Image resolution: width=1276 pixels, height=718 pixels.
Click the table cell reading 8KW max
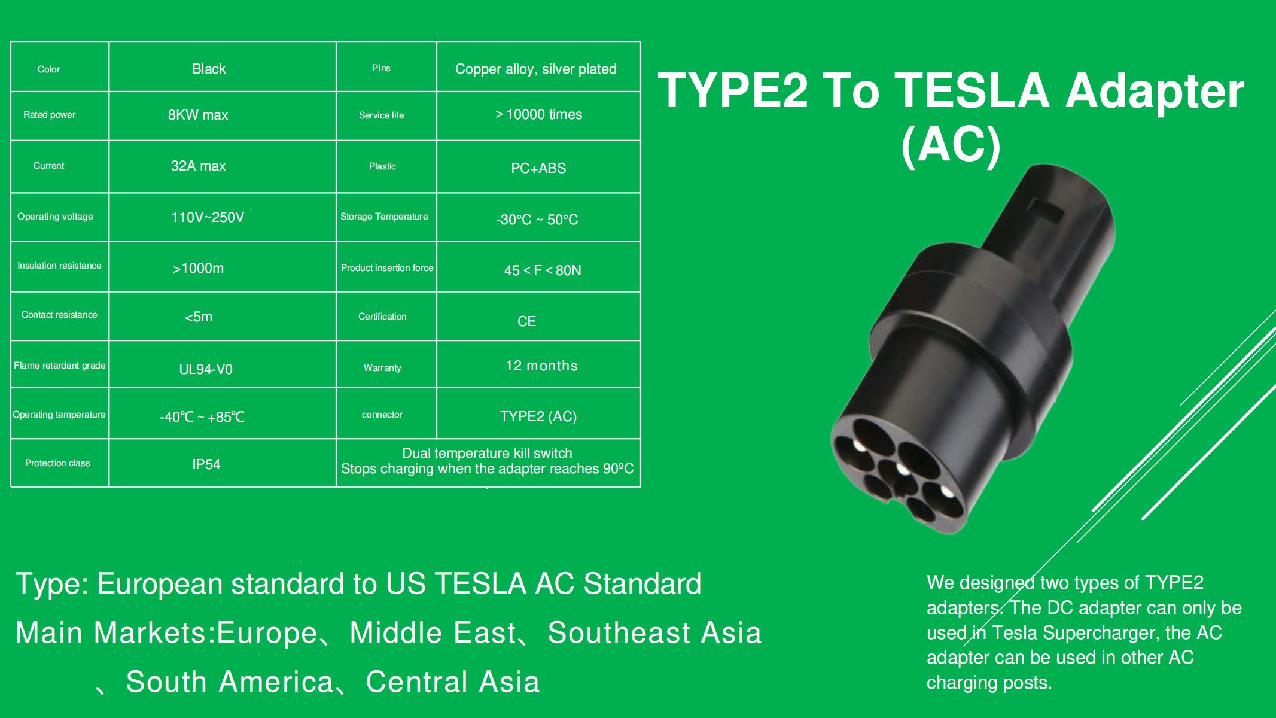tap(198, 115)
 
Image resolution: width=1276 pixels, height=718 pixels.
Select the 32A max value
tap(198, 166)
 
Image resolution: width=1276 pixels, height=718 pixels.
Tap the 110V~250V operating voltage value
tap(208, 217)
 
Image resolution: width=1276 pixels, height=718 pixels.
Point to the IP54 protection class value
tap(206, 464)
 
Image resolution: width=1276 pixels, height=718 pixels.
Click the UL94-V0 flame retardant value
tap(206, 369)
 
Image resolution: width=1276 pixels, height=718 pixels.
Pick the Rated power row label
tap(50, 115)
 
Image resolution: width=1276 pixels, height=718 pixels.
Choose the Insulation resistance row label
tap(59, 266)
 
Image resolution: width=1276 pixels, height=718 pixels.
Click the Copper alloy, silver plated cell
tap(535, 69)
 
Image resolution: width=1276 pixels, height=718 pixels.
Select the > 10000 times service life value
tap(538, 114)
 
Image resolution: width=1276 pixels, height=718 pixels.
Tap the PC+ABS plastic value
tap(538, 168)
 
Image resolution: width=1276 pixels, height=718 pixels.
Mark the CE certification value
tap(526, 321)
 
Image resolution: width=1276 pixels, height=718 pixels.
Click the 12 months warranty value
tap(541, 366)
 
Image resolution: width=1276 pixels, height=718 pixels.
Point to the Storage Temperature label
tap(384, 217)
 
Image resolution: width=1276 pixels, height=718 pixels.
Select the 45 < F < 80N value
tap(543, 270)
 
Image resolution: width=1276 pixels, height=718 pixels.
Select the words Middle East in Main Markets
tap(432, 632)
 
